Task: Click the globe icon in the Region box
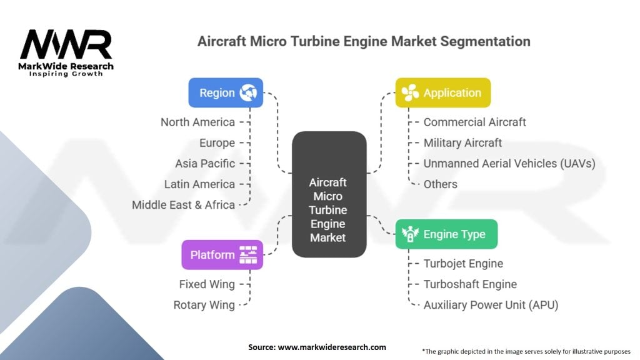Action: tap(248, 92)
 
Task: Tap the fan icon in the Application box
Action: tap(410, 92)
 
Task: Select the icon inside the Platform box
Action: tap(248, 255)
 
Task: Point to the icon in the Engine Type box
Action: tap(410, 234)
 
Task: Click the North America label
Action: tap(197, 122)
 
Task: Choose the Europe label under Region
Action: tap(217, 143)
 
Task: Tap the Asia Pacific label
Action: tap(205, 163)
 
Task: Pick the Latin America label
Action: tap(199, 184)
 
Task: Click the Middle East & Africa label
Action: tap(183, 204)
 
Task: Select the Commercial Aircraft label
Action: tap(475, 122)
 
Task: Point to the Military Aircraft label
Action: tap(462, 143)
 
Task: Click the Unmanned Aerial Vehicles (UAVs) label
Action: tap(509, 164)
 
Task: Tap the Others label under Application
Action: tap(441, 184)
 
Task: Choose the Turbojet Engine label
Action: tap(463, 264)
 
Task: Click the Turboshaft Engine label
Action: tap(470, 284)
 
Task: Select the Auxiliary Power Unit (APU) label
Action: tap(491, 305)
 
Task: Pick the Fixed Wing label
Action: tap(207, 284)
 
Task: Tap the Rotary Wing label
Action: tap(204, 305)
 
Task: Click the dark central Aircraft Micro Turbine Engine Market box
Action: tap(329, 194)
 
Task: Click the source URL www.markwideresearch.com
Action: tap(332, 347)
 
